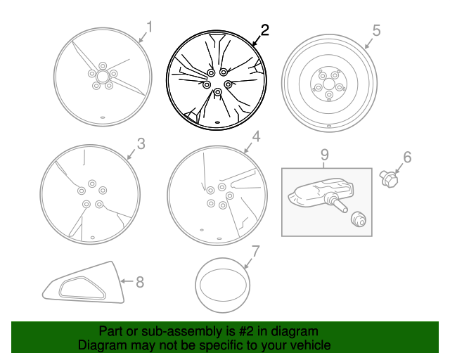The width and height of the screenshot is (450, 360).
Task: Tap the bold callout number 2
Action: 265,30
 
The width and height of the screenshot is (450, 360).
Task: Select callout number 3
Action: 141,144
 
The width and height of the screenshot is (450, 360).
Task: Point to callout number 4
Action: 256,136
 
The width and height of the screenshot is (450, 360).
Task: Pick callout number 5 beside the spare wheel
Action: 376,30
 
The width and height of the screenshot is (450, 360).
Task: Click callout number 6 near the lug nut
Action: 407,157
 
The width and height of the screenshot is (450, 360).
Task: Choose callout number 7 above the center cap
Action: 255,251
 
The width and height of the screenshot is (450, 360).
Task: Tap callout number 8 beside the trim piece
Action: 140,282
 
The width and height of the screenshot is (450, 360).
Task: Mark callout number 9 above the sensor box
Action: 325,155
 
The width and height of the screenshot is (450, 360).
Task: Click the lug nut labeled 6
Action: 389,179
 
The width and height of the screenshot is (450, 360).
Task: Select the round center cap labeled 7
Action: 223,285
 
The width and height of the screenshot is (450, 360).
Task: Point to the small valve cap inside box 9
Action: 358,219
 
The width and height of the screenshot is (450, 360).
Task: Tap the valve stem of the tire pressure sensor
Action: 339,204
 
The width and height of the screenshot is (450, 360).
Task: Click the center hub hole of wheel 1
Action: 102,77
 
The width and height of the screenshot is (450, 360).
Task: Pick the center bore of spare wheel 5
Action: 328,84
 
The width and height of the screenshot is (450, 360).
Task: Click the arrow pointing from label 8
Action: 127,281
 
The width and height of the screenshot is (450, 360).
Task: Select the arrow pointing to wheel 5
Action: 369,43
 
